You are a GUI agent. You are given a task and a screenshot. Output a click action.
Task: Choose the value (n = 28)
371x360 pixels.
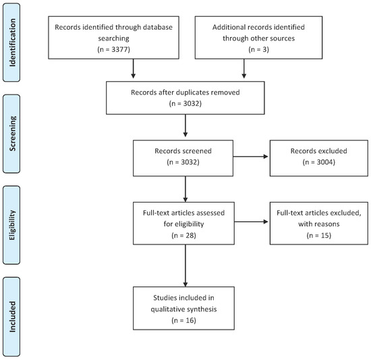point(184,238)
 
